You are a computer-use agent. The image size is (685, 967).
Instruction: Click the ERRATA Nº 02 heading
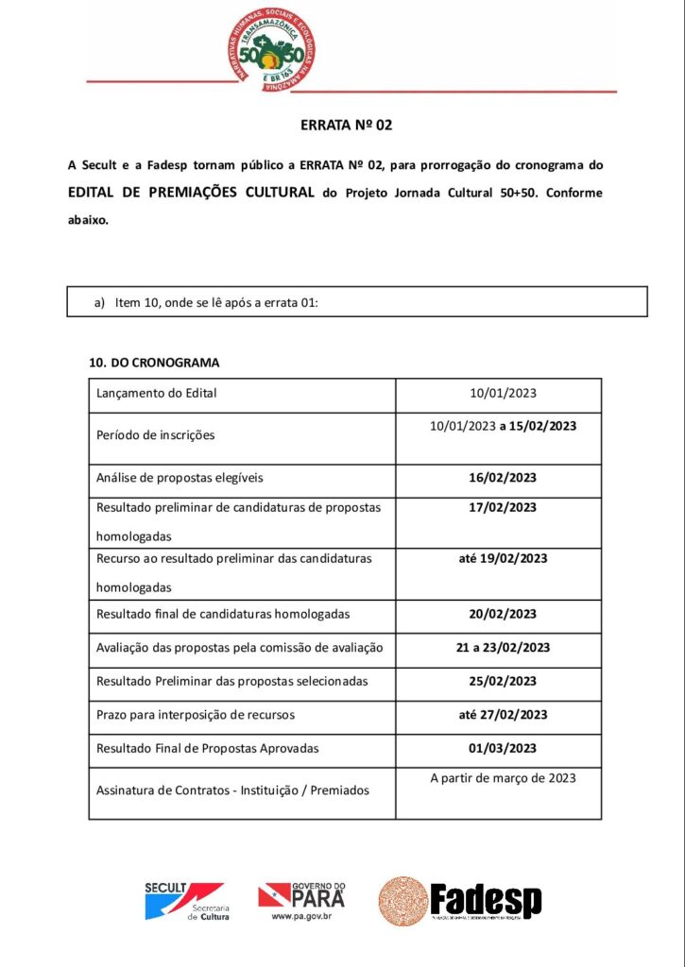346,125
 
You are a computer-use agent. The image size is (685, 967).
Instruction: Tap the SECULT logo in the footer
183,901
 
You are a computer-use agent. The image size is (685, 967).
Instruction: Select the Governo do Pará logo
301,901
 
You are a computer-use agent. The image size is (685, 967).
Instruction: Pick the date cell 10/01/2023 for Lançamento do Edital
503,393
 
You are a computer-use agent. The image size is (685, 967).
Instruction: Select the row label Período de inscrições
156,435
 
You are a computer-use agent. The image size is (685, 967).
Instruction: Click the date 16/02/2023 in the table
503,477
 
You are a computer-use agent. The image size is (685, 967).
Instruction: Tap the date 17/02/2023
503,507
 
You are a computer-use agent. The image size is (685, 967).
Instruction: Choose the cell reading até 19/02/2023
503,558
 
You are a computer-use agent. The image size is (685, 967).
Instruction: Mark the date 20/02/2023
503,614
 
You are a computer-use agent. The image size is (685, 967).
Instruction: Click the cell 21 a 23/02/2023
503,648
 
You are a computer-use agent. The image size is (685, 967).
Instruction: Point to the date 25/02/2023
503,681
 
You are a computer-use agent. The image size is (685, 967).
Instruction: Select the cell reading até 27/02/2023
503,715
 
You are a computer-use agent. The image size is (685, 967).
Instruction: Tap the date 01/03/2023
503,748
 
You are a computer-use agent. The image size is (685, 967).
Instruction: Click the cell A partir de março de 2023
503,778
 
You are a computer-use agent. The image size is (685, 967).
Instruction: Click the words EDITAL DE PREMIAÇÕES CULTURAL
192,192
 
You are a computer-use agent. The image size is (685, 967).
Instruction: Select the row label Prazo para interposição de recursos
196,715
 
